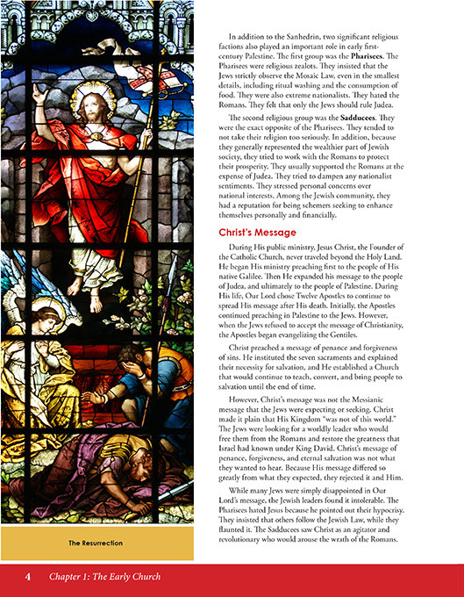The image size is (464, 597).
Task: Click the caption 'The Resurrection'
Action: tap(96, 543)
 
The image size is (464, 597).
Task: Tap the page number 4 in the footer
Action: tap(28, 577)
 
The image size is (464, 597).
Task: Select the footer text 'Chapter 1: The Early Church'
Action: tap(105, 577)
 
